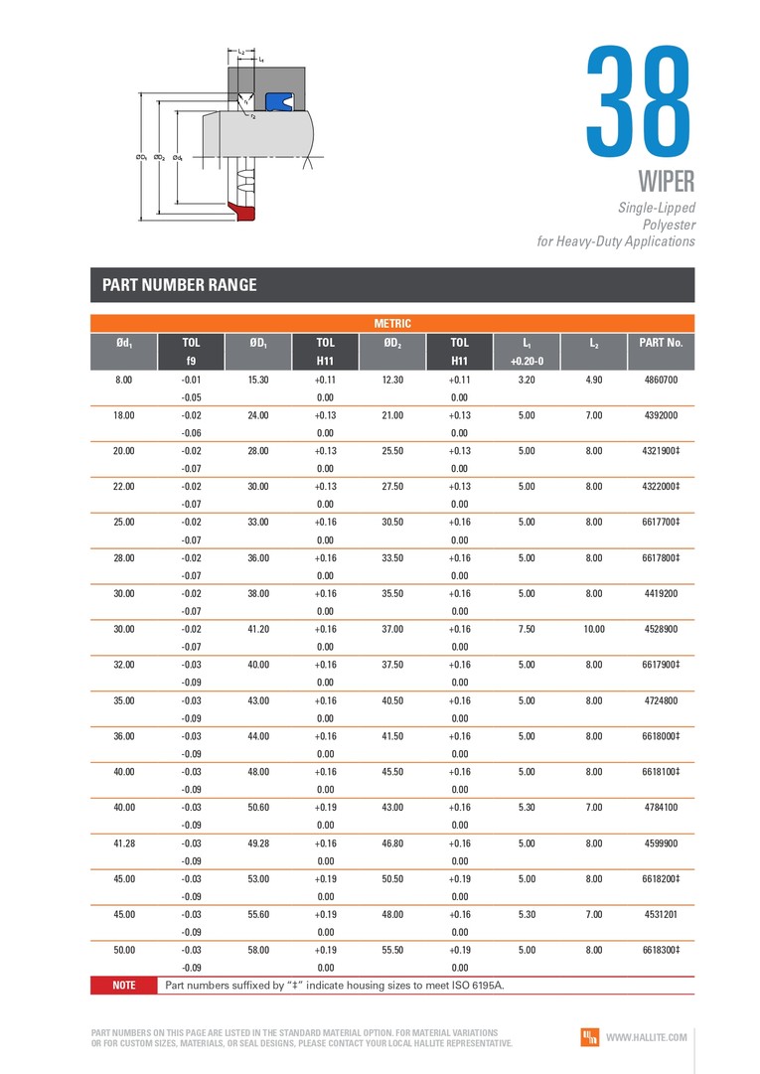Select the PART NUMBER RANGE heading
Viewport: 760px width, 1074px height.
click(x=180, y=285)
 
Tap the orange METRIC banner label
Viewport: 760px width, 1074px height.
click(x=391, y=323)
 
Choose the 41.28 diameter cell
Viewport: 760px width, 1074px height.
click(x=124, y=843)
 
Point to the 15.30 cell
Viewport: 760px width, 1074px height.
click(x=258, y=380)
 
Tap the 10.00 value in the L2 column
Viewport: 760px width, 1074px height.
click(x=594, y=629)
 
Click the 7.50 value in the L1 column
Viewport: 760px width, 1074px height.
click(x=527, y=629)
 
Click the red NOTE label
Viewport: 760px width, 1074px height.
click(x=124, y=986)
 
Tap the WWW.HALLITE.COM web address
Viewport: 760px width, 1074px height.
click(x=647, y=1037)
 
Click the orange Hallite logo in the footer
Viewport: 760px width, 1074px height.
click(x=589, y=1037)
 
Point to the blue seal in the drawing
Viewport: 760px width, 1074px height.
click(x=277, y=100)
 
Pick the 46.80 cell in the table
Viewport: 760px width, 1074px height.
click(x=392, y=843)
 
